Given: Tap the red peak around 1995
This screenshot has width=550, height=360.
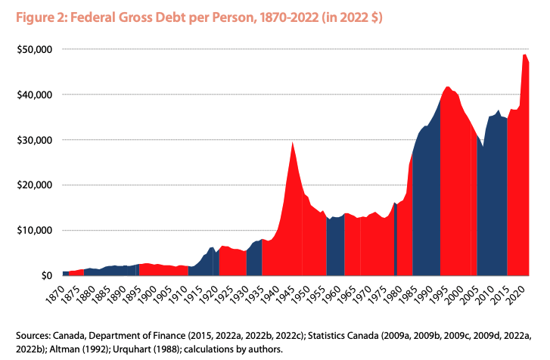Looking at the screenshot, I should (x=449, y=88).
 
